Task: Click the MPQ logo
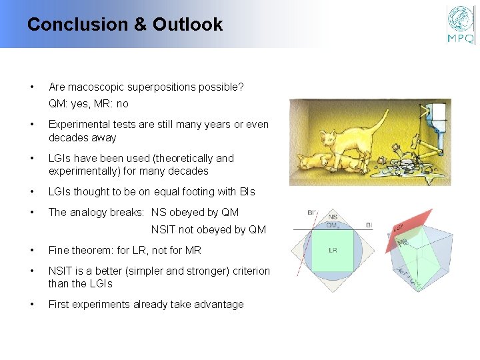point(461,25)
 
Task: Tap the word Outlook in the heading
point(187,25)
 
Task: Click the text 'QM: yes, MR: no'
point(89,104)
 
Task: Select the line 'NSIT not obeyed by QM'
point(208,230)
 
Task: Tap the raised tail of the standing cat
point(379,123)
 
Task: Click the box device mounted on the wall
point(437,117)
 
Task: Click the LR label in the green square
point(334,250)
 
